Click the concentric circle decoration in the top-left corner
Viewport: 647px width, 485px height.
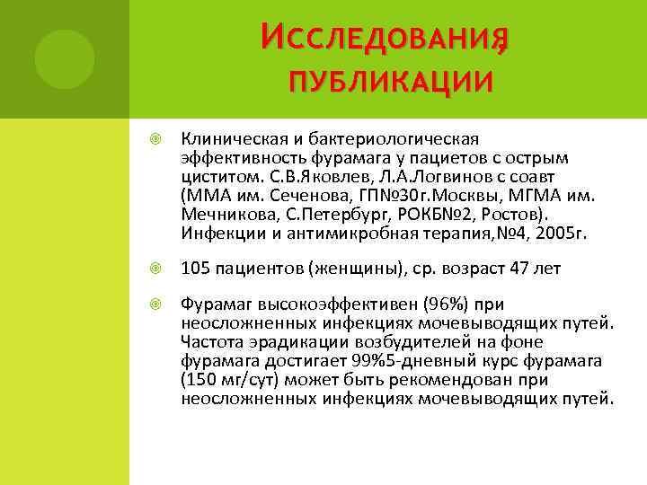click(64, 58)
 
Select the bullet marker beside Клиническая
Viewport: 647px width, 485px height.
click(155, 139)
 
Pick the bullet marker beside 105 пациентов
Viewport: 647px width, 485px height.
click(155, 269)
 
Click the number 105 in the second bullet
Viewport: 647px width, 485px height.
click(194, 269)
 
